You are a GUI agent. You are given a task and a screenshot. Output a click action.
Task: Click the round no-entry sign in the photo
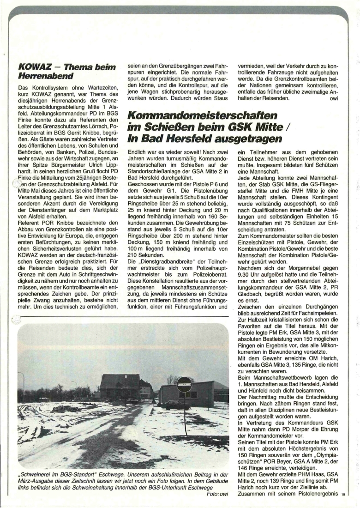184,384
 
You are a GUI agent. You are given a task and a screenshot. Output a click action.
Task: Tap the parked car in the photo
175,405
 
